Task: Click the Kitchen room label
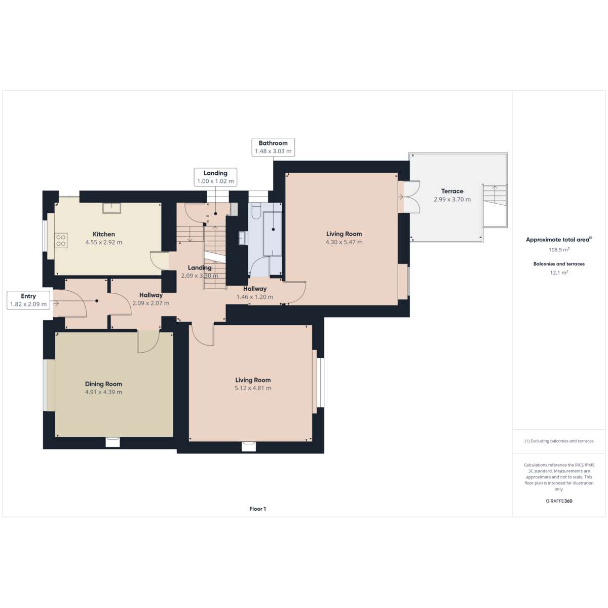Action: (x=103, y=234)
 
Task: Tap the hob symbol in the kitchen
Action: (x=61, y=241)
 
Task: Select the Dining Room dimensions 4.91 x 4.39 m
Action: (x=103, y=392)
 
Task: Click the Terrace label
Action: (x=452, y=191)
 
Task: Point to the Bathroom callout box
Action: (x=273, y=147)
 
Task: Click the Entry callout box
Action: (x=28, y=300)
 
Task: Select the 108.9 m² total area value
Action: (x=559, y=250)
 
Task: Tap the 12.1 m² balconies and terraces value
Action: (x=559, y=273)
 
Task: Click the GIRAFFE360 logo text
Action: (x=559, y=501)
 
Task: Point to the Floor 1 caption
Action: (x=257, y=509)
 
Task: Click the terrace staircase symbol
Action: (x=495, y=206)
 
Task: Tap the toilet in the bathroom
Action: (x=255, y=210)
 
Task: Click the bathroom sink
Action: (x=243, y=238)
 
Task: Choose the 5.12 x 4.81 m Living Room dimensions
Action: (x=253, y=388)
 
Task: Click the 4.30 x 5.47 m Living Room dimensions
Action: (x=344, y=242)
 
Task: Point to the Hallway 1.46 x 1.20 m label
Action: (x=255, y=292)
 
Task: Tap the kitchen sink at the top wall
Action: (x=111, y=208)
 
